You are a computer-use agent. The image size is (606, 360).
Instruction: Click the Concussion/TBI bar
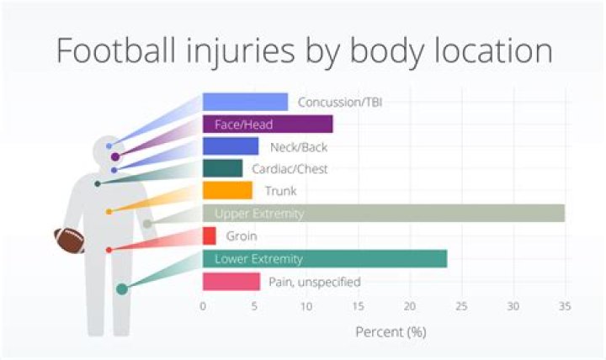tap(245, 102)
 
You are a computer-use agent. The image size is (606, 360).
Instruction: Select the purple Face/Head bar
tap(268, 124)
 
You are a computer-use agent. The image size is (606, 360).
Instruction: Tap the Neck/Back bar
tap(231, 146)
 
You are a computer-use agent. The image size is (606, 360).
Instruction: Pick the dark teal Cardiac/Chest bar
tap(222, 168)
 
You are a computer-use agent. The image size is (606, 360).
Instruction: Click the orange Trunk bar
tap(227, 191)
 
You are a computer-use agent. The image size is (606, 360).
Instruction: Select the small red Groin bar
tap(210, 236)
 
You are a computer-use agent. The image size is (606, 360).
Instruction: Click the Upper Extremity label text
tap(258, 214)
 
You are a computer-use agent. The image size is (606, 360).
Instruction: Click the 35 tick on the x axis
tap(565, 306)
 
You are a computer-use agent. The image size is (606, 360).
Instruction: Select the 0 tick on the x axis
tap(203, 306)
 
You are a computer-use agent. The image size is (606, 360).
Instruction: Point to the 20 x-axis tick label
tap(410, 306)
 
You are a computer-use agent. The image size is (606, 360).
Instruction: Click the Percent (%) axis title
tap(391, 331)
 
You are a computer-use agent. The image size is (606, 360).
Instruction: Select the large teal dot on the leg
tap(122, 289)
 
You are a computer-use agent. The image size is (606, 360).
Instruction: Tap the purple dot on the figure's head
tap(114, 156)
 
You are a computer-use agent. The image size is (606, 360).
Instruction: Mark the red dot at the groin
tap(109, 250)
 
